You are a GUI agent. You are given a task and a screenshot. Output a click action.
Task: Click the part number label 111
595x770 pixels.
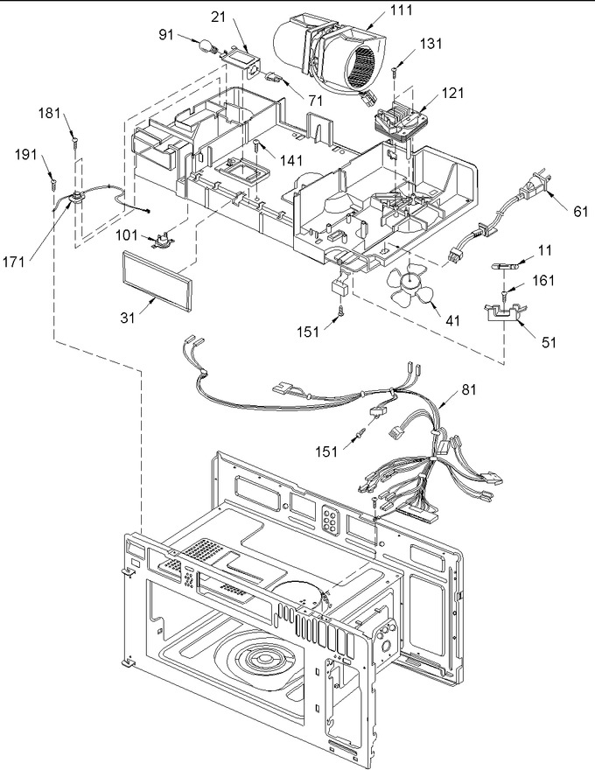click(402, 10)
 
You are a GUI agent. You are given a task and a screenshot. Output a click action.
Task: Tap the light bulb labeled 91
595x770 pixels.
click(208, 45)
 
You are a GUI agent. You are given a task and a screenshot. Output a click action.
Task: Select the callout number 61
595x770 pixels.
click(580, 212)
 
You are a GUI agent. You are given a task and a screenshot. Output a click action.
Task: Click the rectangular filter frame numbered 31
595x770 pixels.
click(156, 280)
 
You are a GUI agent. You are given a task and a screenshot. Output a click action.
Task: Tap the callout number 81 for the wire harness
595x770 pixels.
click(469, 389)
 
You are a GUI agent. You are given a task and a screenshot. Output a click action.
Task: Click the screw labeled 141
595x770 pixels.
click(256, 144)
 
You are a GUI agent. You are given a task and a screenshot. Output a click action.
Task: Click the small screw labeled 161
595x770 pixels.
click(504, 296)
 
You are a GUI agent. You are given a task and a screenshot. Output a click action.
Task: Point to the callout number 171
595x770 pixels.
click(14, 262)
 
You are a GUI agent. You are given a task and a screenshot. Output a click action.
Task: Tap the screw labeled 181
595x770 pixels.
click(74, 143)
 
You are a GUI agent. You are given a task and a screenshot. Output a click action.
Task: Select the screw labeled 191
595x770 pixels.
click(52, 184)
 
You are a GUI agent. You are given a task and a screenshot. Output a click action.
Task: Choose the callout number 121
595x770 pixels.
click(452, 93)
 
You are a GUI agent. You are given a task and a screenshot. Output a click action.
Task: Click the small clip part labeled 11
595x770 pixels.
click(504, 266)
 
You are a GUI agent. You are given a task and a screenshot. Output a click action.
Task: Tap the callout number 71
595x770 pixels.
click(315, 100)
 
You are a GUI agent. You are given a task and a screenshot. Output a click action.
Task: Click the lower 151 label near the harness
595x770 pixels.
click(326, 451)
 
